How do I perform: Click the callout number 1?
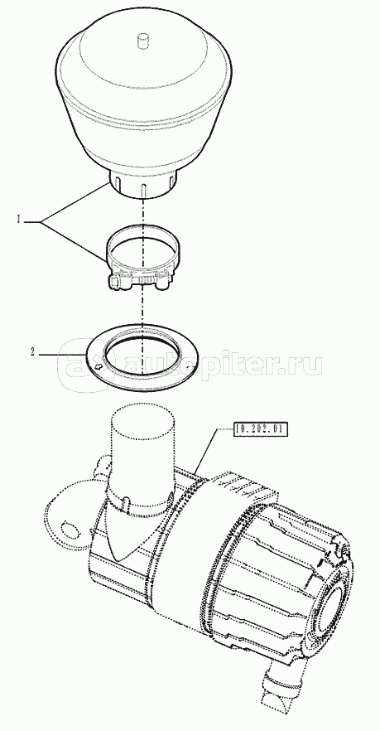19,219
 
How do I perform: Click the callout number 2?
32,353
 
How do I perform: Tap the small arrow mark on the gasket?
99,367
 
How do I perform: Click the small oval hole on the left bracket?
70,529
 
